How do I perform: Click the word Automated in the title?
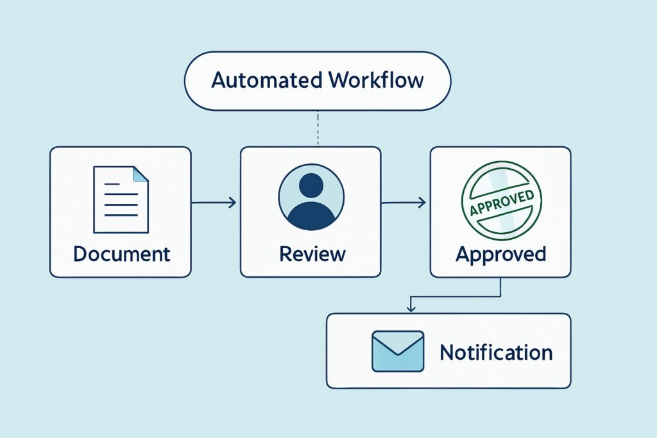(266, 81)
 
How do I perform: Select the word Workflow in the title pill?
(375, 81)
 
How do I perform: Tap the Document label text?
(122, 253)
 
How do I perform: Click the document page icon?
(121, 199)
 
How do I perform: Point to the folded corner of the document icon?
(139, 174)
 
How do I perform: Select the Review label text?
(312, 253)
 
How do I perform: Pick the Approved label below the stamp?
(500, 253)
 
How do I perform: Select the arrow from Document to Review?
(214, 203)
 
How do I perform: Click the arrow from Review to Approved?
(404, 203)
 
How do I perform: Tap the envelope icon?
(398, 351)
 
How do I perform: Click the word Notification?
(496, 352)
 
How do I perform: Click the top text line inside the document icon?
(112, 185)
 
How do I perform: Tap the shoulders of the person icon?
(311, 215)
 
